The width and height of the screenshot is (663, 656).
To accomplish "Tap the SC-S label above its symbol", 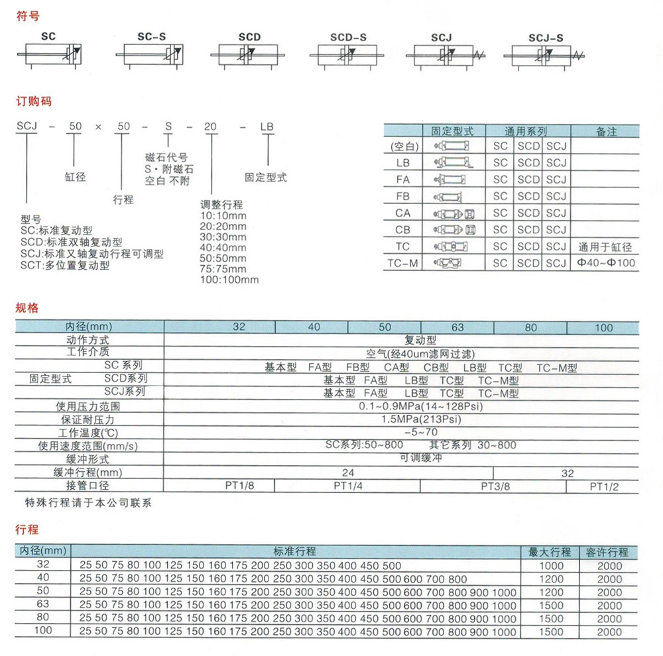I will pos(152,38).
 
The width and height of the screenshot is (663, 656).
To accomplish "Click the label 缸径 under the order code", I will pos(75,177).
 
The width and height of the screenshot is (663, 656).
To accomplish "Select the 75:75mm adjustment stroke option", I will pos(223,269).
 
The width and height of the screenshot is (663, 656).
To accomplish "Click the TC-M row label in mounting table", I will pos(403,264).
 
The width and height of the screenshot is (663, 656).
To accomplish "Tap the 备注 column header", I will pos(606,131).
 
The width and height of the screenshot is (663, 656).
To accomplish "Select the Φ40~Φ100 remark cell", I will pos(605,264).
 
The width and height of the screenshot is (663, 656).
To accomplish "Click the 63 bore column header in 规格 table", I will pos(457,327).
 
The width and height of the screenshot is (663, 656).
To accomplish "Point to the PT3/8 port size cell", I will pos(494,486).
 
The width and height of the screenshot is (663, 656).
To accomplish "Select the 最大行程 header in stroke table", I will pos(549,551).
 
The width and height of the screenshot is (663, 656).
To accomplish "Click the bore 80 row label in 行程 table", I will pos(43,619).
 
